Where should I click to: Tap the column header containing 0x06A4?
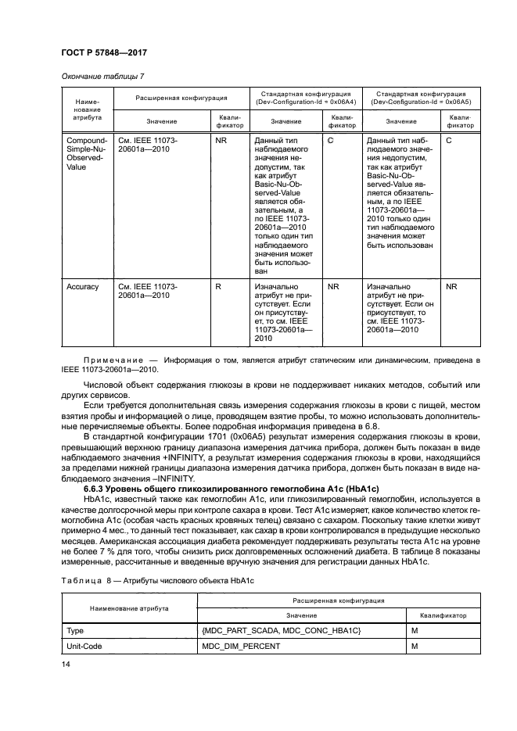point(309,98)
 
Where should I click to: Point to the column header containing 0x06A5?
point(422,98)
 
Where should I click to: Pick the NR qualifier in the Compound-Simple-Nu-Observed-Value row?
point(221,140)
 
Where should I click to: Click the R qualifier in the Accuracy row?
point(218,287)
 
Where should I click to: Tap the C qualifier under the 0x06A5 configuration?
point(448,140)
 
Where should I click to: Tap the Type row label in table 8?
point(76,629)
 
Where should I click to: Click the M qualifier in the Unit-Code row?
point(414,646)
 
